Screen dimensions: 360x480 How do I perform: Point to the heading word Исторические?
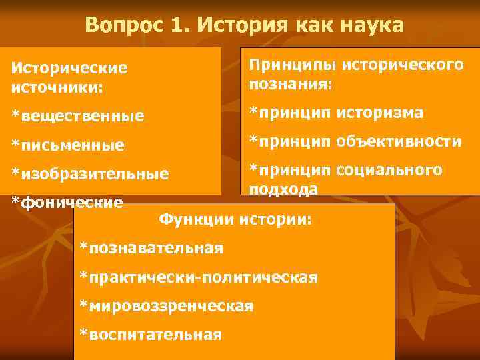point(69,68)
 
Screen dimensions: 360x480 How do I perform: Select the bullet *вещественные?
point(77,116)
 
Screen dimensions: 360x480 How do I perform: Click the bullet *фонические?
point(67,201)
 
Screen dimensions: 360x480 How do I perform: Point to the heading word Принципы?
point(292,65)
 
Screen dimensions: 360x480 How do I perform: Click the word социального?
point(389,170)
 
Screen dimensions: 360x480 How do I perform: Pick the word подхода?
point(283,189)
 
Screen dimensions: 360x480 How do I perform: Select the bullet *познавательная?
point(151,248)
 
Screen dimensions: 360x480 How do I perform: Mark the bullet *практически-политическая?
point(198,277)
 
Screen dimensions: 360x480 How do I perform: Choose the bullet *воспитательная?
point(150,335)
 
